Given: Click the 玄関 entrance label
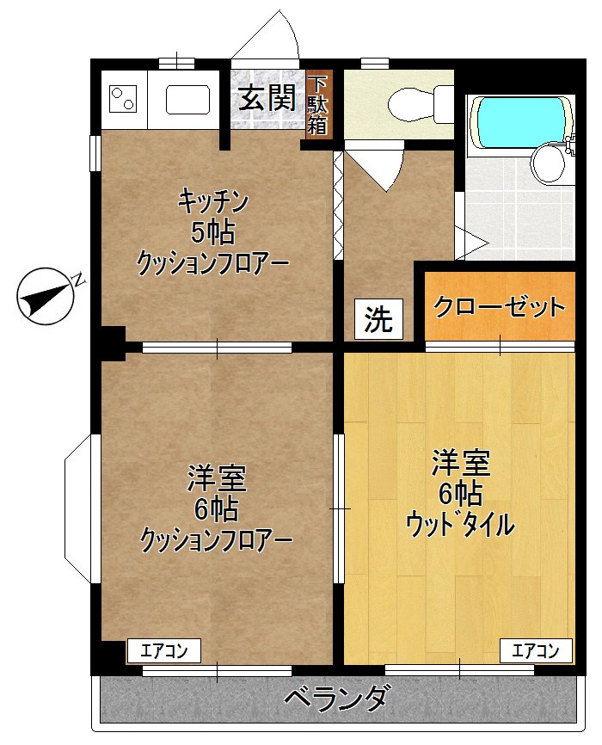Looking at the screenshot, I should pos(267,98).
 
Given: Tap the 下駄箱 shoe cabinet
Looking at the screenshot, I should pos(318,105).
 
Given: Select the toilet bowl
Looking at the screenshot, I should pos(411,105).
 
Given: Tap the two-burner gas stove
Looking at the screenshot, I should pos(124,99).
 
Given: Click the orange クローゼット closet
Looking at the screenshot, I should pos(500,306).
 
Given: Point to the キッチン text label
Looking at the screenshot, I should pos(213,202).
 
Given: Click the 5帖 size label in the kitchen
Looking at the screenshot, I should pos(213,232).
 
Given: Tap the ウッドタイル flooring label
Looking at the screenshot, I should pos(460,523).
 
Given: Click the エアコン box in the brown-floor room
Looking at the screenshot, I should pos(164,650).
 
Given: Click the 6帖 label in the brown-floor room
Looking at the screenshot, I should pos(216,509).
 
